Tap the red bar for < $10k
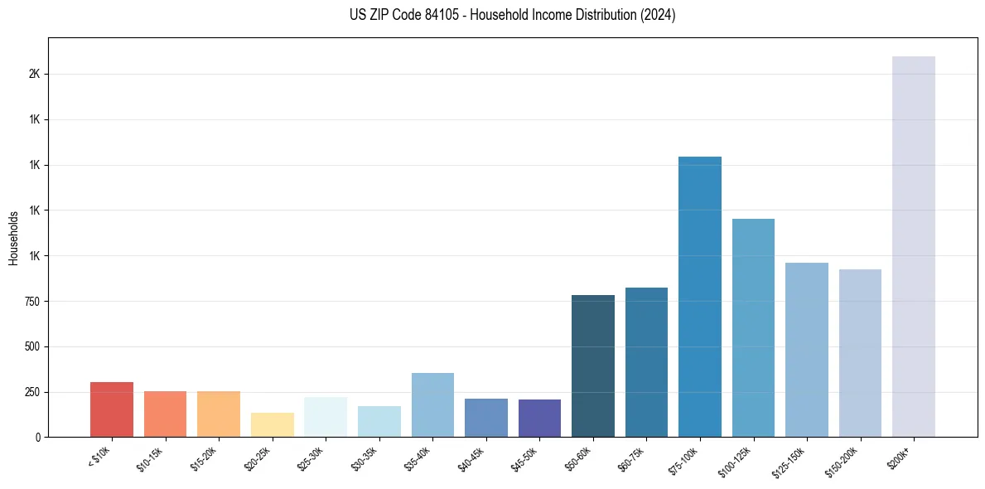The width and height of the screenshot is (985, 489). tap(112, 409)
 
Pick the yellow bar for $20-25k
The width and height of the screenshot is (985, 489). tap(272, 424)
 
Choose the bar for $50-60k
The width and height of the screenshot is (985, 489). tap(592, 366)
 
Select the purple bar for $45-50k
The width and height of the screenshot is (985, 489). tap(539, 418)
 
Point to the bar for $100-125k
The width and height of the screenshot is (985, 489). tap(753, 327)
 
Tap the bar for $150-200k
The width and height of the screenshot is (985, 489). tap(860, 353)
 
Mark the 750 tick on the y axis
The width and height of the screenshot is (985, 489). tap(33, 301)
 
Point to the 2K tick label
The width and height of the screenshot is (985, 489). tap(35, 74)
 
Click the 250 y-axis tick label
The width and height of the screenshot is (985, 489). tap(33, 391)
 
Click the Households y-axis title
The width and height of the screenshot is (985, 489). tap(14, 238)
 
